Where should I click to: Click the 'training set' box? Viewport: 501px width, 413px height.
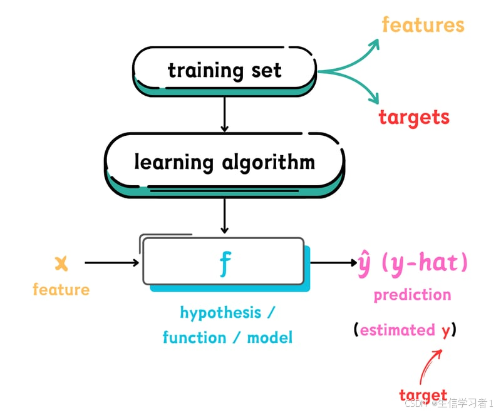pos(224,69)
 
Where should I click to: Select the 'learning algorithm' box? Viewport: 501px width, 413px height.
pos(224,161)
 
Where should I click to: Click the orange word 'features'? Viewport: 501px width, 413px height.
pos(423,25)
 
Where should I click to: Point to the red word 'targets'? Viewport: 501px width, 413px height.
pos(414,116)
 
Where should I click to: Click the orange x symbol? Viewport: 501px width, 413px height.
pos(61,263)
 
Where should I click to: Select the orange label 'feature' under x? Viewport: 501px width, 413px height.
pos(61,290)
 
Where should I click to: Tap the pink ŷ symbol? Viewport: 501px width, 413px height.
pos(364,263)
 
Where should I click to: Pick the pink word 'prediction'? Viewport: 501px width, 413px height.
pos(412,295)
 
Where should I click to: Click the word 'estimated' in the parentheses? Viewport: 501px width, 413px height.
pos(397,330)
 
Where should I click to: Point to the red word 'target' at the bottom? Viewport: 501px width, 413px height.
pos(423,395)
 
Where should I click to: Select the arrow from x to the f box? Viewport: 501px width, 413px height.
pos(111,263)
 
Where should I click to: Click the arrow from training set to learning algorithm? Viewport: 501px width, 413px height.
pos(224,114)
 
